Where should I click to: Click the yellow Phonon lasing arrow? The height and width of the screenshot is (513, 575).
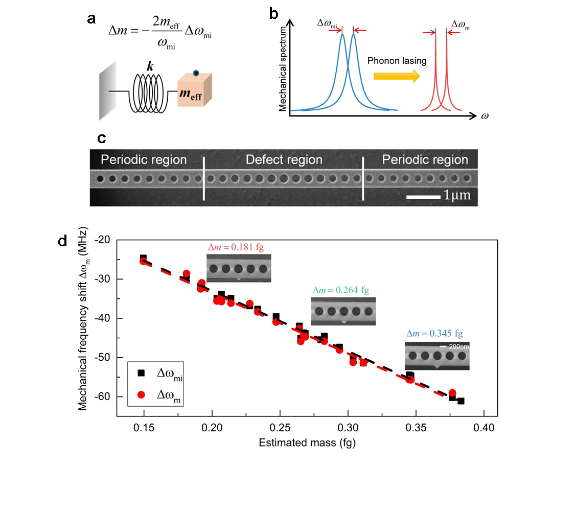[397, 76]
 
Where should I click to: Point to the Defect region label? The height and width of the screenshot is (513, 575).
[284, 160]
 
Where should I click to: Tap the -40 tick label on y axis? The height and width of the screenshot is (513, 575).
[103, 318]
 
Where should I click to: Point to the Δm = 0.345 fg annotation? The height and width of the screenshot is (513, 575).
[434, 334]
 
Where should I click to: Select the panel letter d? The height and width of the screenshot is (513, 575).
[63, 241]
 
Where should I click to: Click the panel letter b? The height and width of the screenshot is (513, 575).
[274, 14]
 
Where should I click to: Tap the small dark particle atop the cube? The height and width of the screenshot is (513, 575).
[196, 74]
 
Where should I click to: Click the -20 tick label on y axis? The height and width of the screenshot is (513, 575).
[103, 240]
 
